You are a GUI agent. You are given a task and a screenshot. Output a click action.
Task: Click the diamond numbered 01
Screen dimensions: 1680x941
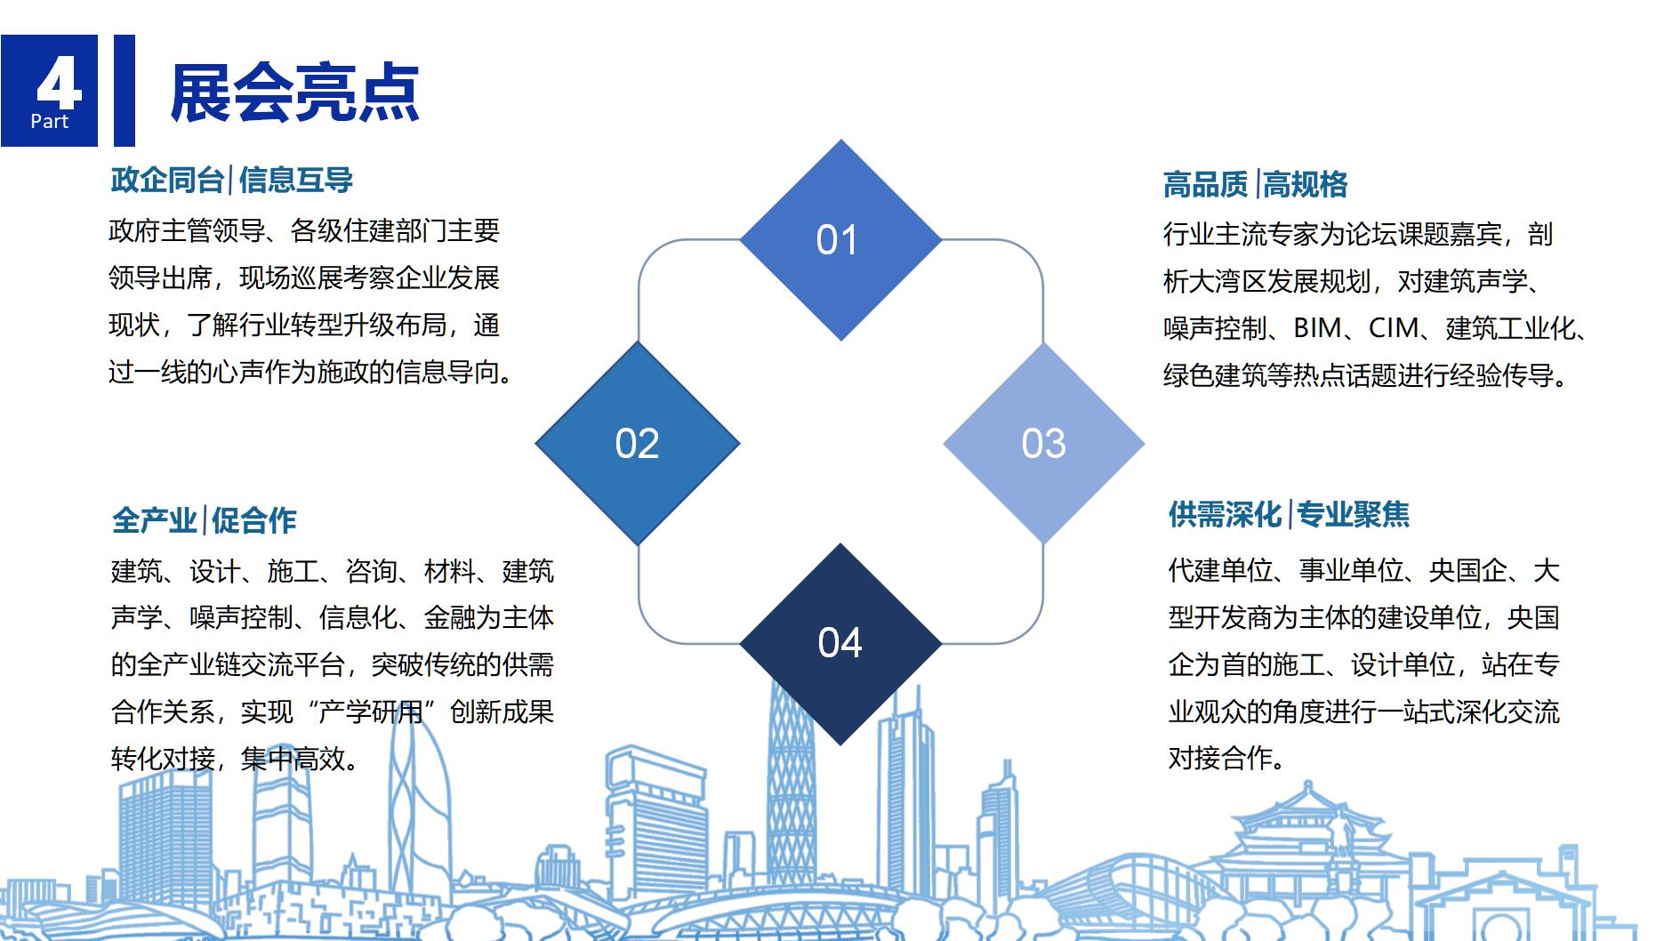tap(840, 240)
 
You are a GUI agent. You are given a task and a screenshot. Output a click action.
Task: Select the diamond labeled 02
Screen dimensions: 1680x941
tap(638, 443)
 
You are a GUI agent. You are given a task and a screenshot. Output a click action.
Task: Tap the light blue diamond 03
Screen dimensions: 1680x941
tap(1043, 443)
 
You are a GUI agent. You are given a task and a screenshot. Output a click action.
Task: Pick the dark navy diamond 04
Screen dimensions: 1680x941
tap(840, 644)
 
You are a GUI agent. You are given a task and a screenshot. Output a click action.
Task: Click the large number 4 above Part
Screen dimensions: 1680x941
tap(59, 84)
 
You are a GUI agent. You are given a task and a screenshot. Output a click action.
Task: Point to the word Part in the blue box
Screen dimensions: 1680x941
tap(49, 122)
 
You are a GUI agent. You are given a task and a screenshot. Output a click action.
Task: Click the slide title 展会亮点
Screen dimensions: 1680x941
tap(294, 92)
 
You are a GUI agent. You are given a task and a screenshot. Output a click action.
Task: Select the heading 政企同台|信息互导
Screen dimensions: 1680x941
tap(231, 181)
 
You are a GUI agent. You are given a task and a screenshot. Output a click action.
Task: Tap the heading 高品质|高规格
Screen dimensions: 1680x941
tap(1255, 185)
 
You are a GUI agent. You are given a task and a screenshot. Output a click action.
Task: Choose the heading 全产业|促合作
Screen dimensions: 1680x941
tap(204, 520)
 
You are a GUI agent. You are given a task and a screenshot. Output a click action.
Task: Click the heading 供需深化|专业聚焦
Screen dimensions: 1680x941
tap(1289, 515)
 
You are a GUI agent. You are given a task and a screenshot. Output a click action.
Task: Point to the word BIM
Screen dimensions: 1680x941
tap(1317, 328)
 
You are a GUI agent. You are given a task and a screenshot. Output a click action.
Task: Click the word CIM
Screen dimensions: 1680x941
tap(1394, 328)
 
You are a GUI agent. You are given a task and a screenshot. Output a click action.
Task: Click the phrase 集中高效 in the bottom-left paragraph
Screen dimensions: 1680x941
tap(293, 759)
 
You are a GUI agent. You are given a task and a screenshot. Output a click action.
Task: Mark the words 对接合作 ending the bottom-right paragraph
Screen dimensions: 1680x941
tap(1220, 758)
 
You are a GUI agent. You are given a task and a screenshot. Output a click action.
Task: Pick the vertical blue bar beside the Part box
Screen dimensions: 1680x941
tap(125, 90)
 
